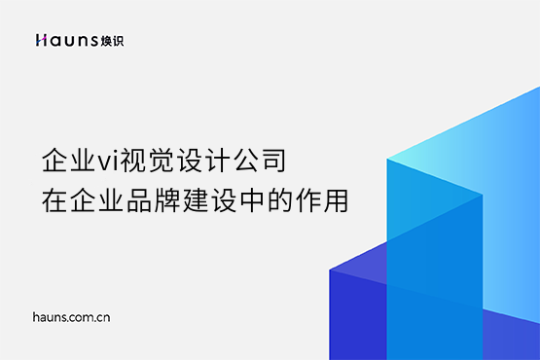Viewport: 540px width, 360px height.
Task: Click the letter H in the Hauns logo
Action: [40, 40]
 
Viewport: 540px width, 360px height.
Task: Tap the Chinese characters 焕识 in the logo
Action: [112, 40]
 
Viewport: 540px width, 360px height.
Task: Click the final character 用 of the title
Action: [319, 200]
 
